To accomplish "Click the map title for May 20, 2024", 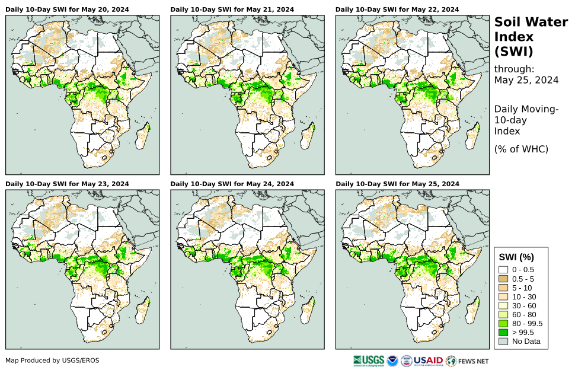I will [67, 9].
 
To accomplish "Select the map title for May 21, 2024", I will [232, 9].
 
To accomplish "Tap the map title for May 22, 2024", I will [397, 9].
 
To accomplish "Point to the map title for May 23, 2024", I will [67, 184].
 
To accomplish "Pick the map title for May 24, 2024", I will [232, 184].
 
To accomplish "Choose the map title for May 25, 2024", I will [397, 184].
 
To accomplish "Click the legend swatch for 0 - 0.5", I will [504, 270].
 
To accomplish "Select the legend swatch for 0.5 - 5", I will [504, 279].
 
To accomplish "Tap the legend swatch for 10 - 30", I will [504, 296].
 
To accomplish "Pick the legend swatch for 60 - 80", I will [504, 314].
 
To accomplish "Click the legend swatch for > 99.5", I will [504, 332].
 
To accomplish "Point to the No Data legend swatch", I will [504, 341].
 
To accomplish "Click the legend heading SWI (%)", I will [517, 257].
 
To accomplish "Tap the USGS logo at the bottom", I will [368, 360].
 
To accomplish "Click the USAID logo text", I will [428, 360].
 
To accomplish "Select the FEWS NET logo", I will [468, 360].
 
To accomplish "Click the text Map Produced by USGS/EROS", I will [52, 360].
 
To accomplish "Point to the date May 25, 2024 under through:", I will [526, 81].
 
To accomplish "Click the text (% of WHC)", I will [521, 149].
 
